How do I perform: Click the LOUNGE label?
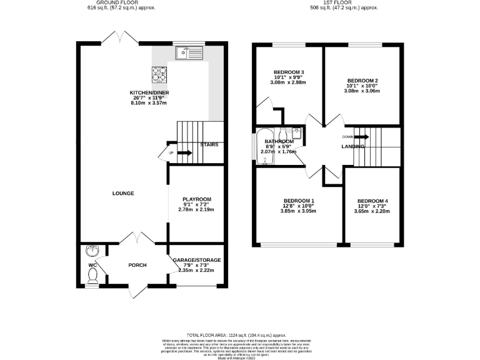click(x=122, y=193)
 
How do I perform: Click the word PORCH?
click(x=137, y=265)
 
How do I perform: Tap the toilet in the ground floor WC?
click(x=92, y=277)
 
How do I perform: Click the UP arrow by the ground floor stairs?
click(x=169, y=153)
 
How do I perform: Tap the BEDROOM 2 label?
click(x=363, y=81)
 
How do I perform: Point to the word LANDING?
click(x=353, y=146)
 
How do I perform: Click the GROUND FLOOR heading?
click(x=121, y=3)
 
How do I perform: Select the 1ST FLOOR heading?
click(x=344, y=3)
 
